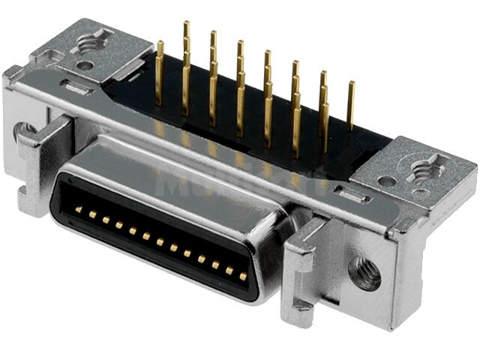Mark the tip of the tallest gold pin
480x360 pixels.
[x=186, y=25]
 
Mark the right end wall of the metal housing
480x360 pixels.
[x=442, y=247]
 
